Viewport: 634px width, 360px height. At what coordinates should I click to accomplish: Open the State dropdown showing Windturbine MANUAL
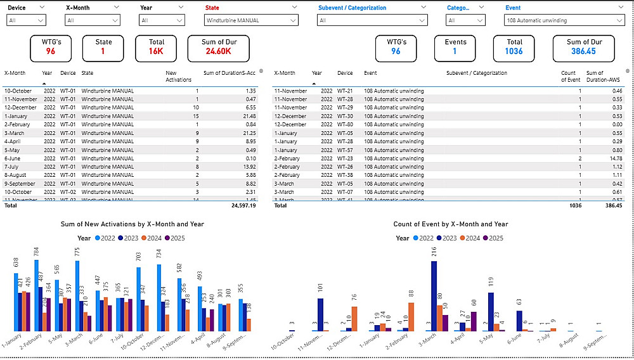250,20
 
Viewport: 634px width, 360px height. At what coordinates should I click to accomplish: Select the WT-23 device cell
345,158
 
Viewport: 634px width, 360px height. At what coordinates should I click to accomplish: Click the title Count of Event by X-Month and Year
451,224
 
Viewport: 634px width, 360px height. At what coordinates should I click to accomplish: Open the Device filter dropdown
26,20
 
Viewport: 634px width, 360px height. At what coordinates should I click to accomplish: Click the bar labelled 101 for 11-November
320,314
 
